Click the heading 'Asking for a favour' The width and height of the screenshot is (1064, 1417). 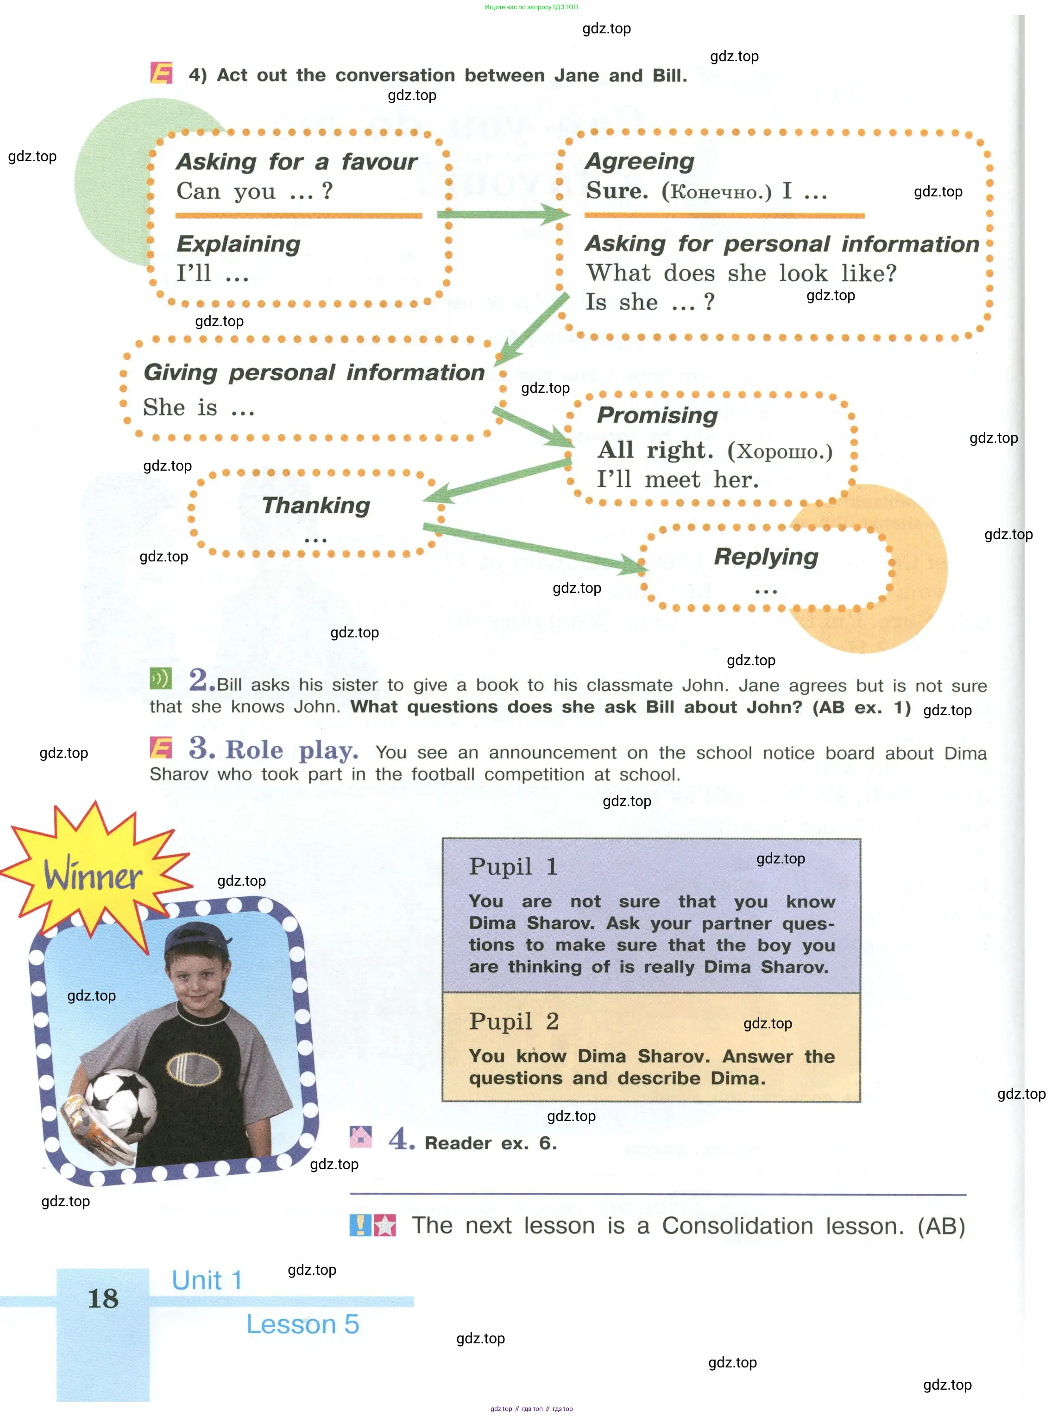(296, 161)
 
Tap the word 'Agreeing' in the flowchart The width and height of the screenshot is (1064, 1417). (639, 161)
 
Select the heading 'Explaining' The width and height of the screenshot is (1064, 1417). (238, 244)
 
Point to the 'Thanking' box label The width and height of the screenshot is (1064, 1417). (316, 505)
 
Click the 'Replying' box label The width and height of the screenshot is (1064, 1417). (766, 557)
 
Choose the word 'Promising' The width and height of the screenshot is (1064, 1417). (657, 415)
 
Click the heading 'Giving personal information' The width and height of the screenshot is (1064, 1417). (314, 372)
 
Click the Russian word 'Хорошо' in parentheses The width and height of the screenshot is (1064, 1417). (780, 452)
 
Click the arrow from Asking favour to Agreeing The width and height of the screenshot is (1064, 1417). (503, 214)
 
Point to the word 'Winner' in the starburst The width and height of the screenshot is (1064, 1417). (93, 875)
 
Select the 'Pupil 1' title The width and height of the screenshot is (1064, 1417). (513, 867)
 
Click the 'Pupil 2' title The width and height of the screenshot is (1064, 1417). (514, 1021)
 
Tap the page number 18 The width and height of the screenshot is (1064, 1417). (103, 1298)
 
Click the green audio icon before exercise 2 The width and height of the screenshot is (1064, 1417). (161, 679)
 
